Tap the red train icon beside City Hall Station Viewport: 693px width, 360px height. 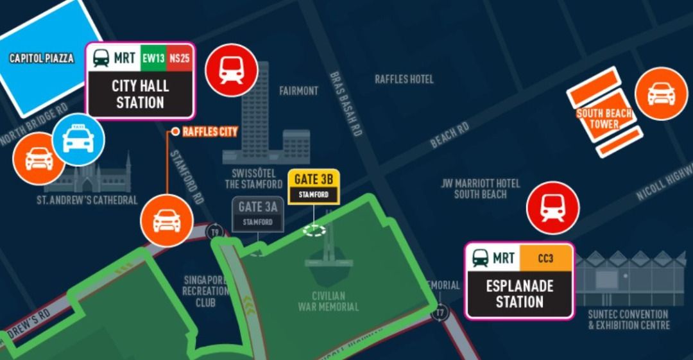231,70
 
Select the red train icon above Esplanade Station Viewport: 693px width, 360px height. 552,208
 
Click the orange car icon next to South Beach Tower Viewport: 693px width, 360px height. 661,94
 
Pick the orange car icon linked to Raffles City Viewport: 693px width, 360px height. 166,221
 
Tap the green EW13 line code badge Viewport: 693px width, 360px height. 153,58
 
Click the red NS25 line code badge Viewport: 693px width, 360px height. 179,58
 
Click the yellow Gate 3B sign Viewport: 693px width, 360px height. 313,187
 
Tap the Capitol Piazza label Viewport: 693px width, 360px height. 42,58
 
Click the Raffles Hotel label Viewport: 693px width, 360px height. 404,79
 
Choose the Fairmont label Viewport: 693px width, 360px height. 298,91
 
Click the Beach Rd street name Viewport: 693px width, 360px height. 449,135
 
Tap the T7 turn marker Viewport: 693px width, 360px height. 440,313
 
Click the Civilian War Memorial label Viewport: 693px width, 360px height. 328,301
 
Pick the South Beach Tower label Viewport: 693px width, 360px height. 604,119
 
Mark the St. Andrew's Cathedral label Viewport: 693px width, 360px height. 87,200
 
